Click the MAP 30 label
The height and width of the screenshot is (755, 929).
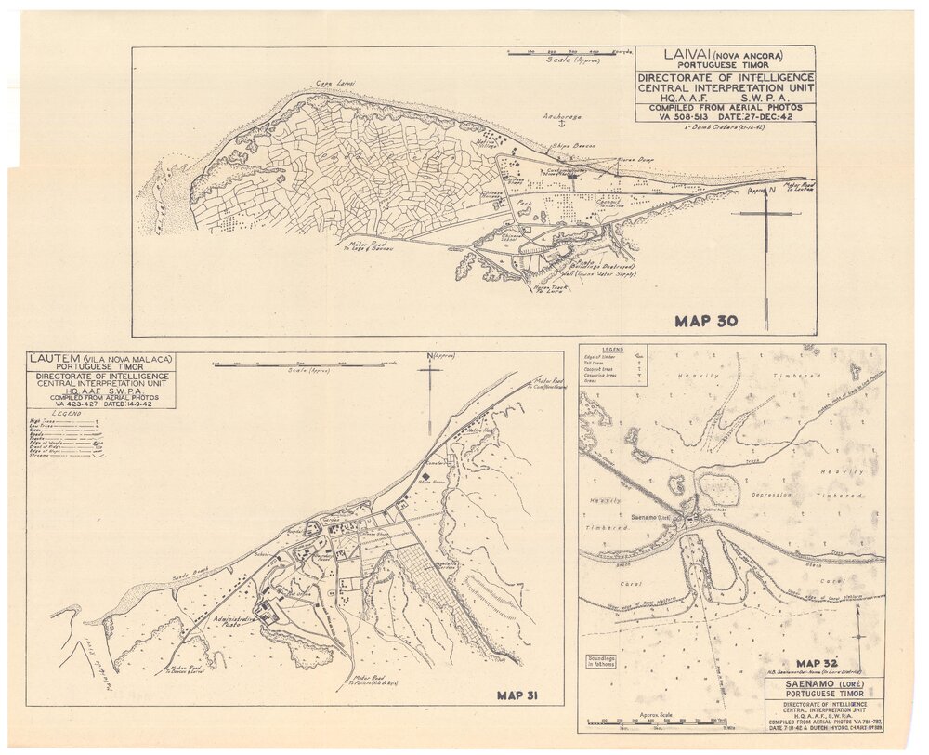coord(706,322)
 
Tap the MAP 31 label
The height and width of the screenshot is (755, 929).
coord(517,695)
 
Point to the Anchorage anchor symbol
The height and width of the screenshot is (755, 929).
coord(550,126)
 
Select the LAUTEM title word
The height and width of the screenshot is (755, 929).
coord(57,359)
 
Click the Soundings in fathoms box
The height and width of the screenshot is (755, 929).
coord(601,662)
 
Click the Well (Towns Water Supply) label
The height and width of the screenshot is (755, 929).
coord(593,274)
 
